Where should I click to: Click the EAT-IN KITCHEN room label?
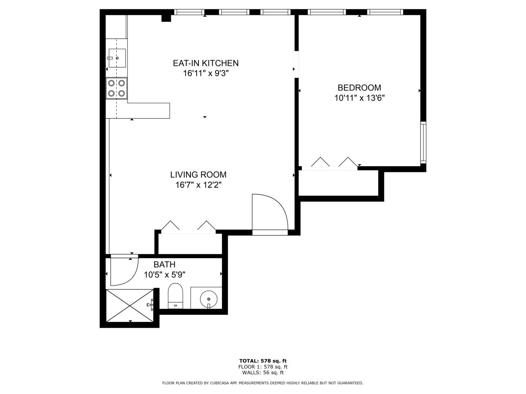tap(206, 63)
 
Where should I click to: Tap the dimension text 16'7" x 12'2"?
tap(198, 185)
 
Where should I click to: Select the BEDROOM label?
tap(359, 88)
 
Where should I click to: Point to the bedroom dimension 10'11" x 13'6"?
tap(359, 98)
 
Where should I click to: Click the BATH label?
tap(164, 264)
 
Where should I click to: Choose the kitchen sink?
tap(117, 58)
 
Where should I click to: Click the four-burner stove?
tap(117, 88)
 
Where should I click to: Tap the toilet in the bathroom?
tap(175, 296)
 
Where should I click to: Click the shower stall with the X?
tap(130, 305)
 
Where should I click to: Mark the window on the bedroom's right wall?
tap(423, 142)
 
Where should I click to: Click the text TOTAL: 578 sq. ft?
tap(263, 361)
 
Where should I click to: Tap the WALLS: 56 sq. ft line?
tap(263, 372)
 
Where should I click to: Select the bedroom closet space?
tap(338, 183)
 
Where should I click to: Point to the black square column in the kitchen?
tap(166, 18)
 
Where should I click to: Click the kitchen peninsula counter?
tap(148, 111)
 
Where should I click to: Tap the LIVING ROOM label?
tap(198, 175)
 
